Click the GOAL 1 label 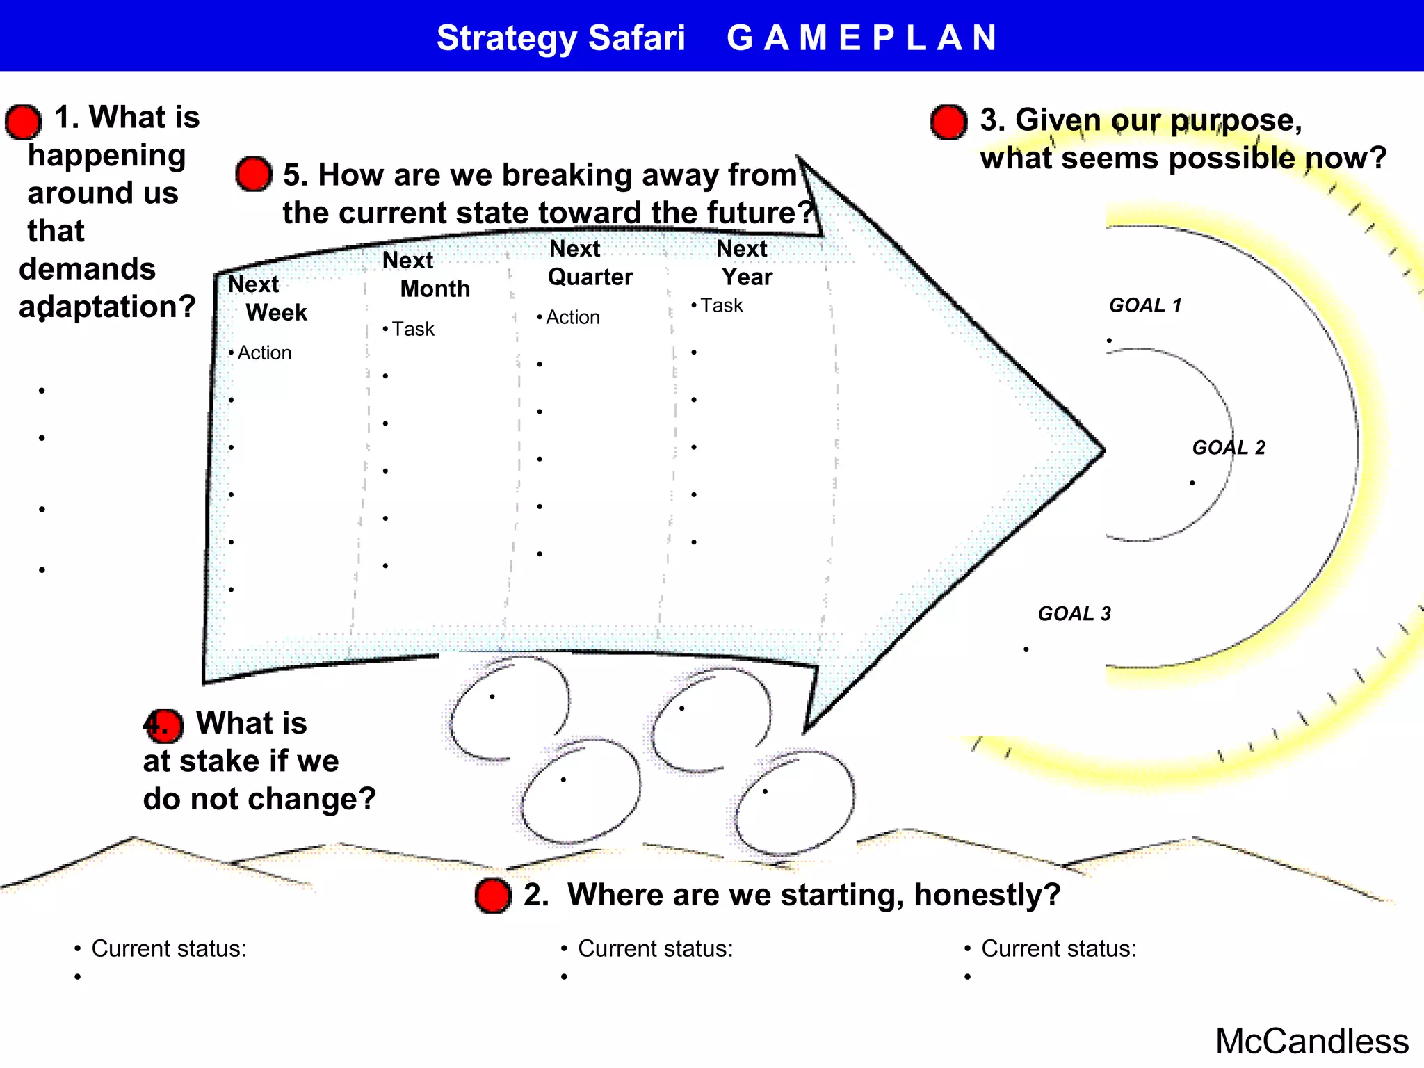click(x=1144, y=305)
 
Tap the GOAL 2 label click(x=1229, y=448)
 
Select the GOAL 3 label click(x=1074, y=614)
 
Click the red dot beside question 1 click(x=24, y=122)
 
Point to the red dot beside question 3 click(x=948, y=122)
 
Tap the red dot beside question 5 click(x=253, y=174)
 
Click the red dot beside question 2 click(x=493, y=895)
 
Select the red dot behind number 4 click(x=164, y=725)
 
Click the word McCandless click(x=1311, y=1042)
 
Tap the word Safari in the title click(x=636, y=38)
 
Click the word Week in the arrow click(x=276, y=313)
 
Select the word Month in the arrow click(x=435, y=289)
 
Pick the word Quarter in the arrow click(x=590, y=277)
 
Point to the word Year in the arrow click(x=747, y=277)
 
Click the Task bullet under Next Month click(x=412, y=329)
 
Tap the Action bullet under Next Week click(x=264, y=353)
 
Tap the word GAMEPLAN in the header click(x=861, y=38)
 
